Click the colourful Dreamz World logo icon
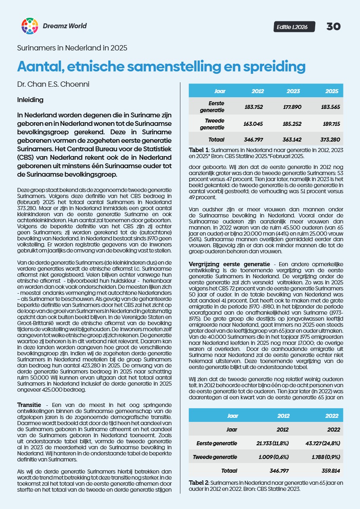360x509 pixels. click(x=29, y=26)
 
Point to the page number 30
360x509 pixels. click(x=333, y=27)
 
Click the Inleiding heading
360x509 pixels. click(x=30, y=99)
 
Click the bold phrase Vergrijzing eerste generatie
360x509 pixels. click(x=230, y=263)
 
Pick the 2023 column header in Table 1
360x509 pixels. click(x=293, y=91)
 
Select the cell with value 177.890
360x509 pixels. click(x=293, y=106)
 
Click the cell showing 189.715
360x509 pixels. click(x=331, y=125)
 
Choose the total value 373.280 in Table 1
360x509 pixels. click(x=331, y=140)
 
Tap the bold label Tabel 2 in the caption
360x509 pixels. click(x=199, y=482)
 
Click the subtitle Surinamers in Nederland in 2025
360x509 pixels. click(x=72, y=48)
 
